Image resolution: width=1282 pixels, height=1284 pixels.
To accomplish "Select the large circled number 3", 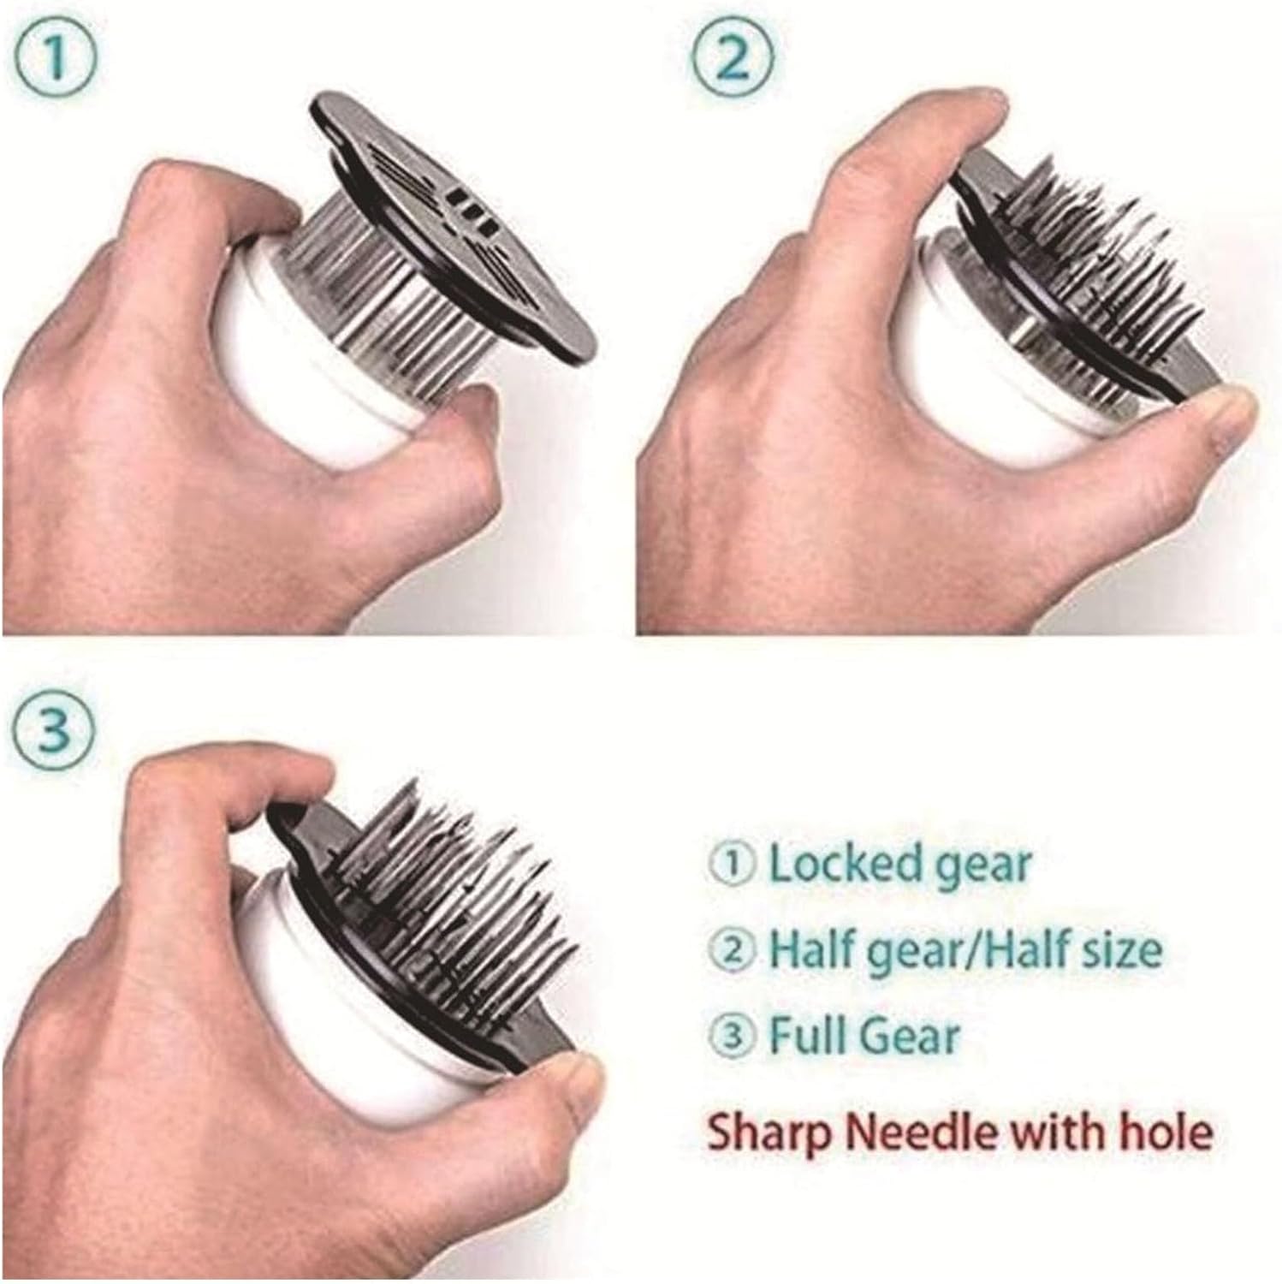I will point(57,728).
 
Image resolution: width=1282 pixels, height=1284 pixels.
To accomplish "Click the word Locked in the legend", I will point(834,864).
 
